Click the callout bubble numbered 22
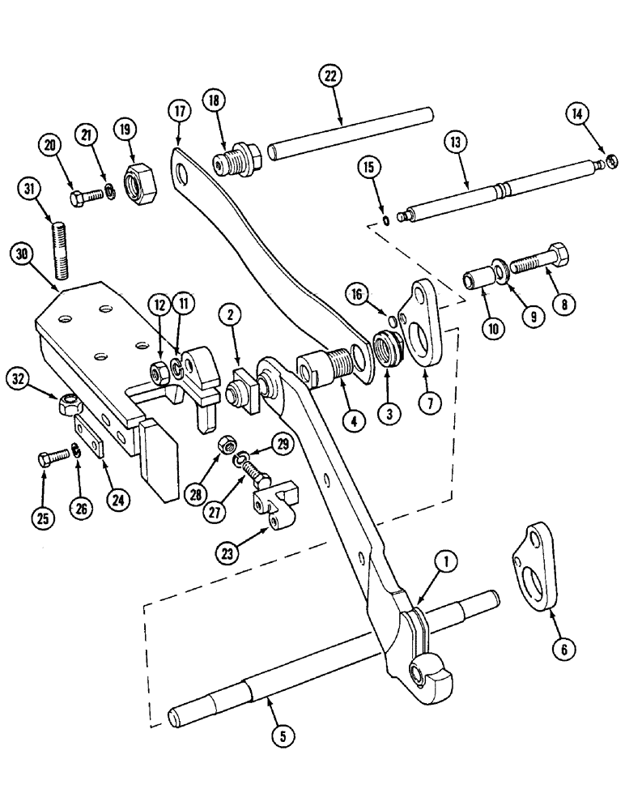click(x=329, y=76)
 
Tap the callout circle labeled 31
click(x=30, y=190)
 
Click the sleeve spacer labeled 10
click(x=476, y=281)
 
